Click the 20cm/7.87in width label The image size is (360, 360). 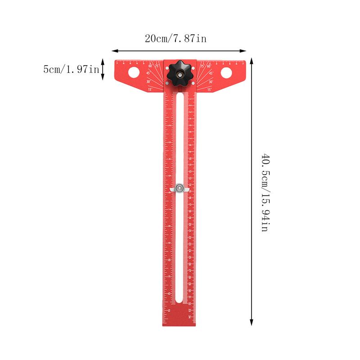[175, 39]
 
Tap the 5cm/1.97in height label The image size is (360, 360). [71, 69]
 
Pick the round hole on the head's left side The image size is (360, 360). [134, 72]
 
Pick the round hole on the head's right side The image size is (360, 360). [226, 72]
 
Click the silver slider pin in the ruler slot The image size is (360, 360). [180, 188]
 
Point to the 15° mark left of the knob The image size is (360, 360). [150, 90]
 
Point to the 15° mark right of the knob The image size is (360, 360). [210, 90]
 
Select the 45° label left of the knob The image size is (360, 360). [148, 73]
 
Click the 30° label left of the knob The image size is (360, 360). [148, 81]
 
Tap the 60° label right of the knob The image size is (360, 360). [209, 66]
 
